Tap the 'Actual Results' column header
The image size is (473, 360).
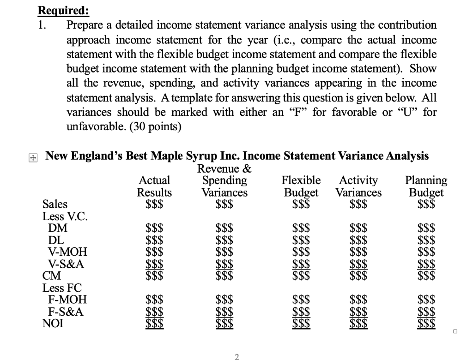[154, 186]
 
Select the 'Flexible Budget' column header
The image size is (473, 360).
[301, 186]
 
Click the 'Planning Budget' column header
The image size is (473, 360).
[425, 186]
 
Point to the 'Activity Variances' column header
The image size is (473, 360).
[358, 186]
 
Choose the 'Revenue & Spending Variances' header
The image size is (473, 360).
[224, 180]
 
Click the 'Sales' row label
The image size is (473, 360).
[55, 204]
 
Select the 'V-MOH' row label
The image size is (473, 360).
[67, 252]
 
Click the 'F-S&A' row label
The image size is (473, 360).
[66, 312]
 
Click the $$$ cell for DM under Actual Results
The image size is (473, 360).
[154, 228]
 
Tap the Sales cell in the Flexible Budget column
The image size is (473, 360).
[301, 204]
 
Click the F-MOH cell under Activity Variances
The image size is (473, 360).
[358, 300]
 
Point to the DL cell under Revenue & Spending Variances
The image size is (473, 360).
[224, 240]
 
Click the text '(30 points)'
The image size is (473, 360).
[158, 126]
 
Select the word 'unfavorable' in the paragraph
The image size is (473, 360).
[95, 126]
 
